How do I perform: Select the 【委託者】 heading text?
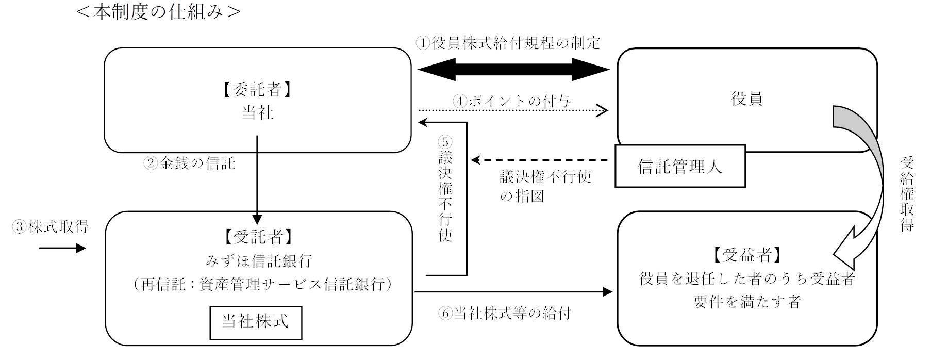[x=257, y=90]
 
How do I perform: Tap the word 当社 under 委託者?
[x=257, y=112]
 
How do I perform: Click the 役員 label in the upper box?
[x=746, y=99]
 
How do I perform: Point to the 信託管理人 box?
[x=680, y=166]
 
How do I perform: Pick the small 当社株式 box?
[x=255, y=322]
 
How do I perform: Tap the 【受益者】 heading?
[x=747, y=255]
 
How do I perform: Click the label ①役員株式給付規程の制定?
[x=508, y=43]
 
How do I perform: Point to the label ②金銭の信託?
[x=189, y=164]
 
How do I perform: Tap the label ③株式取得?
[x=51, y=227]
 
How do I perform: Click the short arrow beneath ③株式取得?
[x=62, y=249]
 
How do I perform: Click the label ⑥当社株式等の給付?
[x=505, y=313]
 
